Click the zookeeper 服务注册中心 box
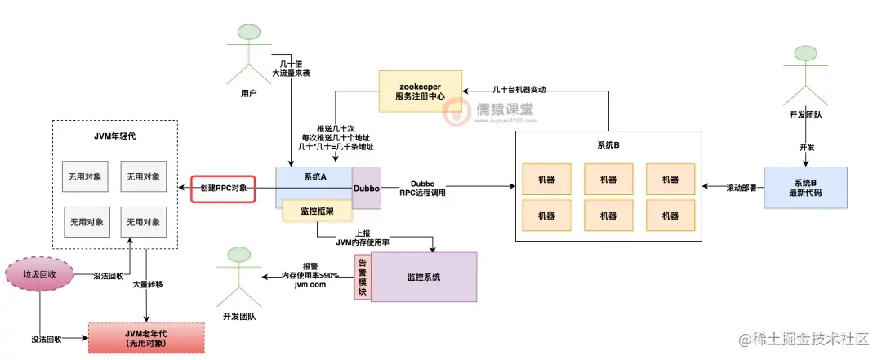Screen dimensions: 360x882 pos(419,91)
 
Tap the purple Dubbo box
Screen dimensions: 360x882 pos(366,189)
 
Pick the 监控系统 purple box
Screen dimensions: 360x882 pos(423,277)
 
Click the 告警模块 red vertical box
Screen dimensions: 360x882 pos(362,277)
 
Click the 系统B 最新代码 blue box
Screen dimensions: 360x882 pos(805,188)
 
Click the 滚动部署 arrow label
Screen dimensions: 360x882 pos(740,188)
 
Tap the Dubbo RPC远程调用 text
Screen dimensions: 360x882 pos(423,189)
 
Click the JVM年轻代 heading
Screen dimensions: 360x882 pos(115,136)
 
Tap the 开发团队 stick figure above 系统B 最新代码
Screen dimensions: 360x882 pos(804,73)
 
